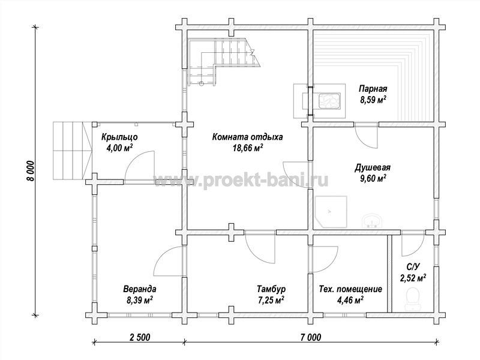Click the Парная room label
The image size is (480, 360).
[x=373, y=89]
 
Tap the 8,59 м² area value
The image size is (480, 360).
[x=373, y=100]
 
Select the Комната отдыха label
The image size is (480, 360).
[x=247, y=137]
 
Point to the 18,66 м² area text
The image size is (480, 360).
[x=248, y=148]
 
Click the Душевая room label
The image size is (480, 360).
[x=373, y=167]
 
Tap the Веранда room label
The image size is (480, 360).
[x=140, y=289]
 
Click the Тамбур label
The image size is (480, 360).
[x=271, y=289]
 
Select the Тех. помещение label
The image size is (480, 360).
[x=350, y=289]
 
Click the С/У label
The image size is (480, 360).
[x=413, y=267]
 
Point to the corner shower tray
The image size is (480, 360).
[x=331, y=212]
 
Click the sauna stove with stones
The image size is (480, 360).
[x=329, y=101]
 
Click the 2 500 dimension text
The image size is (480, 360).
[x=140, y=337]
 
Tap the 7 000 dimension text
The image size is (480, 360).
[x=311, y=337]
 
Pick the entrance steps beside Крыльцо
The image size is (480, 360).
[x=73, y=151]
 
